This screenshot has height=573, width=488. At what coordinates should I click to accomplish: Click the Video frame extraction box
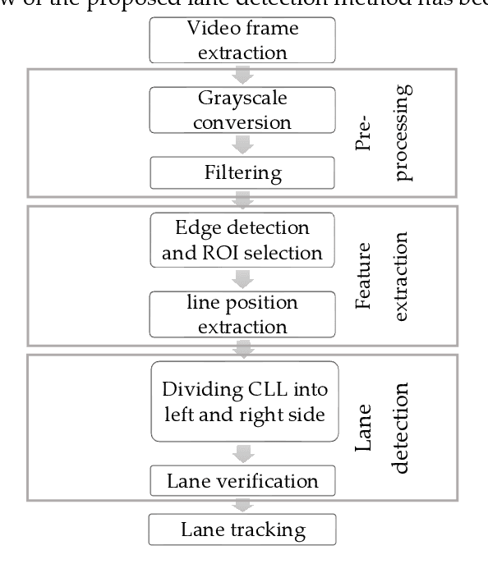point(242,41)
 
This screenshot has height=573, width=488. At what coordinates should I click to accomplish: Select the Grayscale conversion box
point(242,110)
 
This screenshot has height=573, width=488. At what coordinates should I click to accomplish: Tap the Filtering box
point(242,173)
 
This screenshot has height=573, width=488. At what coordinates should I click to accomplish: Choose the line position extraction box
point(242,314)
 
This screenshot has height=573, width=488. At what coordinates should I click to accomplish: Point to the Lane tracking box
point(242,529)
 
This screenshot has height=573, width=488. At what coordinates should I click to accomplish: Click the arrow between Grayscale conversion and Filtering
point(242,144)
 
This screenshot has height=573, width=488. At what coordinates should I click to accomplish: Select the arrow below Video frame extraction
point(242,75)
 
